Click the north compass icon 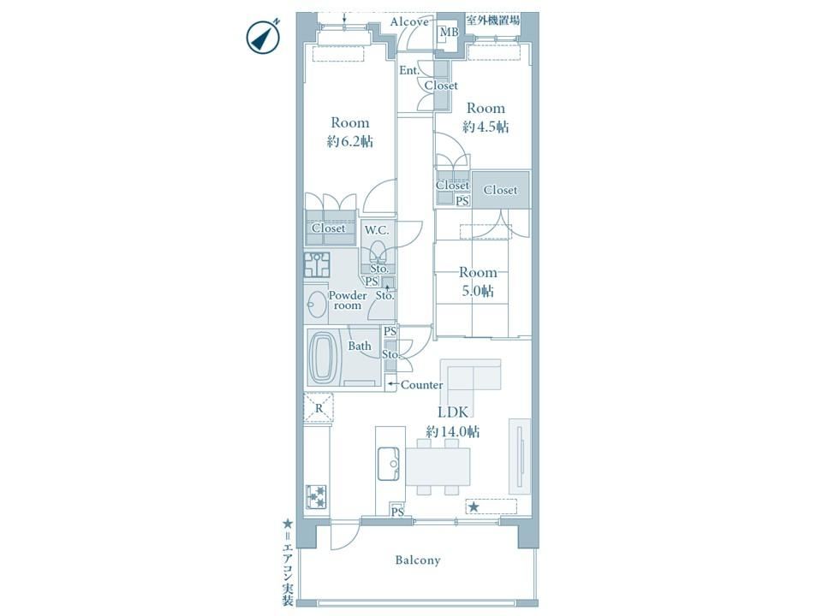pyautogui.click(x=263, y=37)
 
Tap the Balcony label pyautogui.click(x=418, y=560)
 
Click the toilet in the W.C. pyautogui.click(x=377, y=251)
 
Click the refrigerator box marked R pyautogui.click(x=318, y=407)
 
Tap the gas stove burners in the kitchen pyautogui.click(x=316, y=496)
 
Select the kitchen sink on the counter pyautogui.click(x=388, y=463)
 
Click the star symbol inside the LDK pyautogui.click(x=474, y=506)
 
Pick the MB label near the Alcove pyautogui.click(x=449, y=32)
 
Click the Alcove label pyautogui.click(x=409, y=21)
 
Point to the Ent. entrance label pyautogui.click(x=409, y=70)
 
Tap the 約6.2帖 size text pyautogui.click(x=350, y=141)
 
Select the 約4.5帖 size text pyautogui.click(x=485, y=127)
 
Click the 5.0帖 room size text pyautogui.click(x=478, y=291)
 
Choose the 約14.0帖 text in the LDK pyautogui.click(x=452, y=431)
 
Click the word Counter pyautogui.click(x=421, y=385)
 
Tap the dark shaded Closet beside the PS pyautogui.click(x=501, y=190)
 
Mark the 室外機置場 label pyautogui.click(x=493, y=21)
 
